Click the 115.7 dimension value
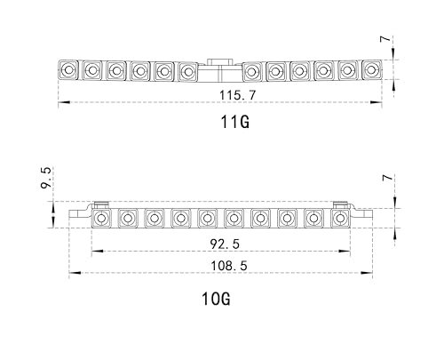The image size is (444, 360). [x=237, y=95]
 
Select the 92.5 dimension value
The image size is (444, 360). [x=225, y=244]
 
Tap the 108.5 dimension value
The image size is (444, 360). [x=228, y=266]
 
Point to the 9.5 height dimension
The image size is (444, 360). [x=46, y=178]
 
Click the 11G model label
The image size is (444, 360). [x=235, y=122]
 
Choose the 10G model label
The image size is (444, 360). [x=216, y=299]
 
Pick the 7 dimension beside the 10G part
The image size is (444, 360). [x=387, y=178]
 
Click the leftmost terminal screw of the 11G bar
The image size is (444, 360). [x=68, y=70]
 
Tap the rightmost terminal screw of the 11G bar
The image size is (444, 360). [x=370, y=69]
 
